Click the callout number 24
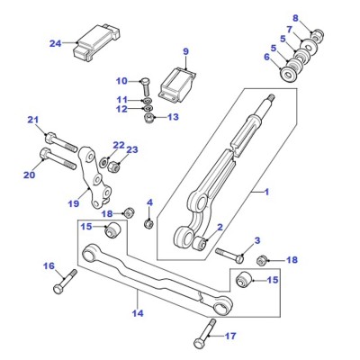coord(55,44)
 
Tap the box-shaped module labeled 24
coord(96,42)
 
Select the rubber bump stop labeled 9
coord(177,85)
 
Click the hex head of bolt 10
coord(144,81)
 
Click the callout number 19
coord(74,203)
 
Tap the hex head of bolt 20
coord(44,154)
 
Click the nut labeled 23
coord(113,166)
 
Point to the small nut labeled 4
coord(148,223)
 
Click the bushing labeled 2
coord(200,243)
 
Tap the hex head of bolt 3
coord(239,258)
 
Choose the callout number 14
coord(138,313)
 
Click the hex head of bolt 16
coord(58,290)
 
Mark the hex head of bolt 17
coord(198,343)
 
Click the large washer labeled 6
coord(289,74)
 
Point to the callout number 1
coord(266,192)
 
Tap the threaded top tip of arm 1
coord(271,97)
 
